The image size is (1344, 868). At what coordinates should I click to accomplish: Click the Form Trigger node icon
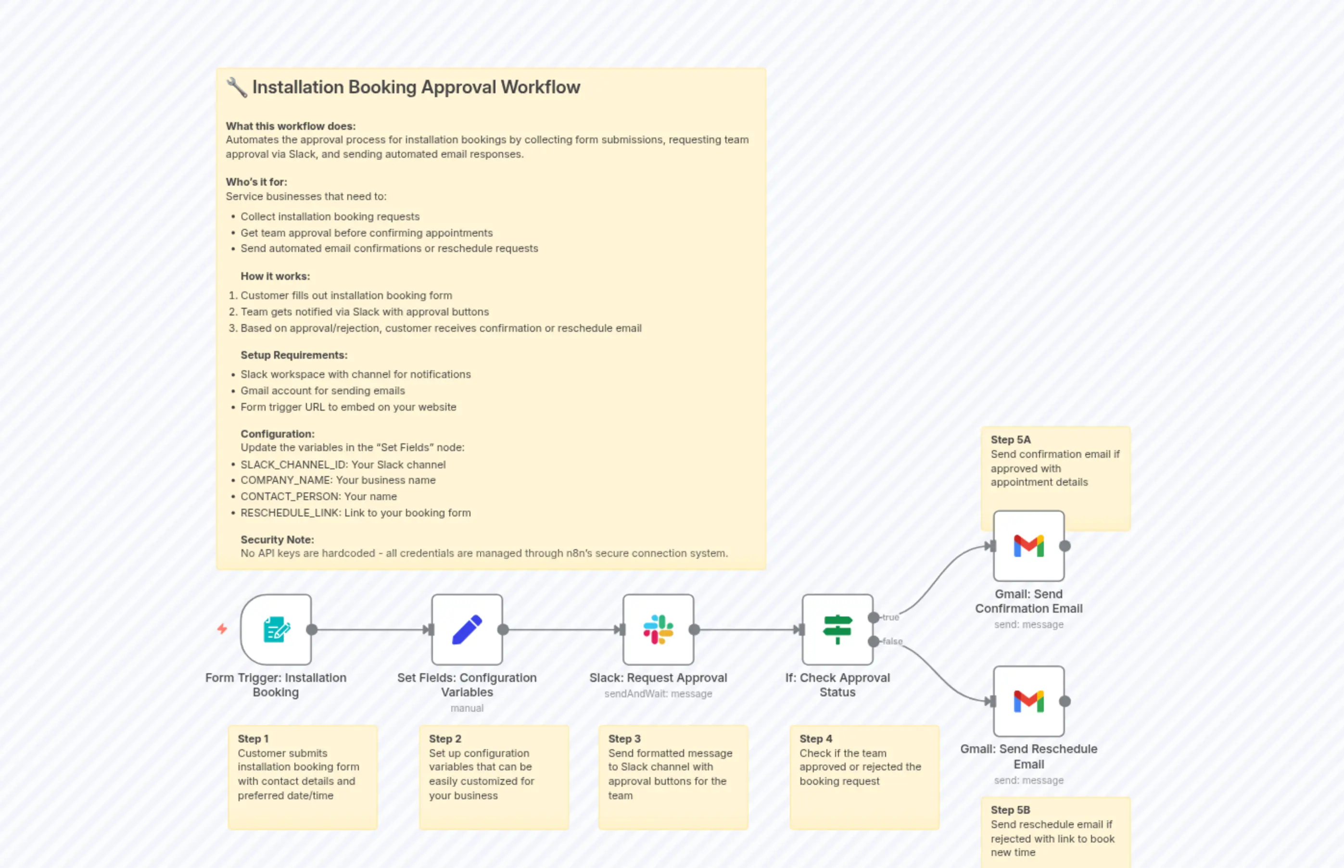[x=276, y=629]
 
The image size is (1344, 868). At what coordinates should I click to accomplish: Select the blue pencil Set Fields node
[x=467, y=629]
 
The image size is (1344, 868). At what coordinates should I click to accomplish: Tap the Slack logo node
[x=658, y=629]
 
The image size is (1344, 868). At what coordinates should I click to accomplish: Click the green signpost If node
[x=837, y=629]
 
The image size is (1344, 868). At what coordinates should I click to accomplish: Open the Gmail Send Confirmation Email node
[x=1028, y=546]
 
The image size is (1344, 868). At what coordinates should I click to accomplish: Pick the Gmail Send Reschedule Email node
[x=1028, y=701]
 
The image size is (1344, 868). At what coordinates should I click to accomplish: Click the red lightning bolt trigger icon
[x=222, y=629]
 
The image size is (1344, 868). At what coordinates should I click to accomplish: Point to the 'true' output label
[x=891, y=617]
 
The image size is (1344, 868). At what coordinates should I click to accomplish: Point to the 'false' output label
[x=892, y=642]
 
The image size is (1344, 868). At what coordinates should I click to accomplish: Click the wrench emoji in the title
[x=237, y=88]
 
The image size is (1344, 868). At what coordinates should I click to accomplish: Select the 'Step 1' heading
[x=253, y=738]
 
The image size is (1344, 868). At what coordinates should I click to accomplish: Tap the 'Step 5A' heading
[x=1010, y=440]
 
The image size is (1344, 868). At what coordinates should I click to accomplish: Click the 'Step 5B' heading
[x=1010, y=810]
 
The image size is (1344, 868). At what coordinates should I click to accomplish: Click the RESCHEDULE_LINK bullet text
[x=355, y=513]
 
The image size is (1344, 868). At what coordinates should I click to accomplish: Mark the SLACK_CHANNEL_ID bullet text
[x=343, y=465]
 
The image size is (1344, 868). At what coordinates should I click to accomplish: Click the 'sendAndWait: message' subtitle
[x=658, y=694]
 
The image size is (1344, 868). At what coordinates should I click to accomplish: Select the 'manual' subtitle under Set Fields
[x=467, y=708]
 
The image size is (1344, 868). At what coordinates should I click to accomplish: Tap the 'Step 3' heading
[x=624, y=738]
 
